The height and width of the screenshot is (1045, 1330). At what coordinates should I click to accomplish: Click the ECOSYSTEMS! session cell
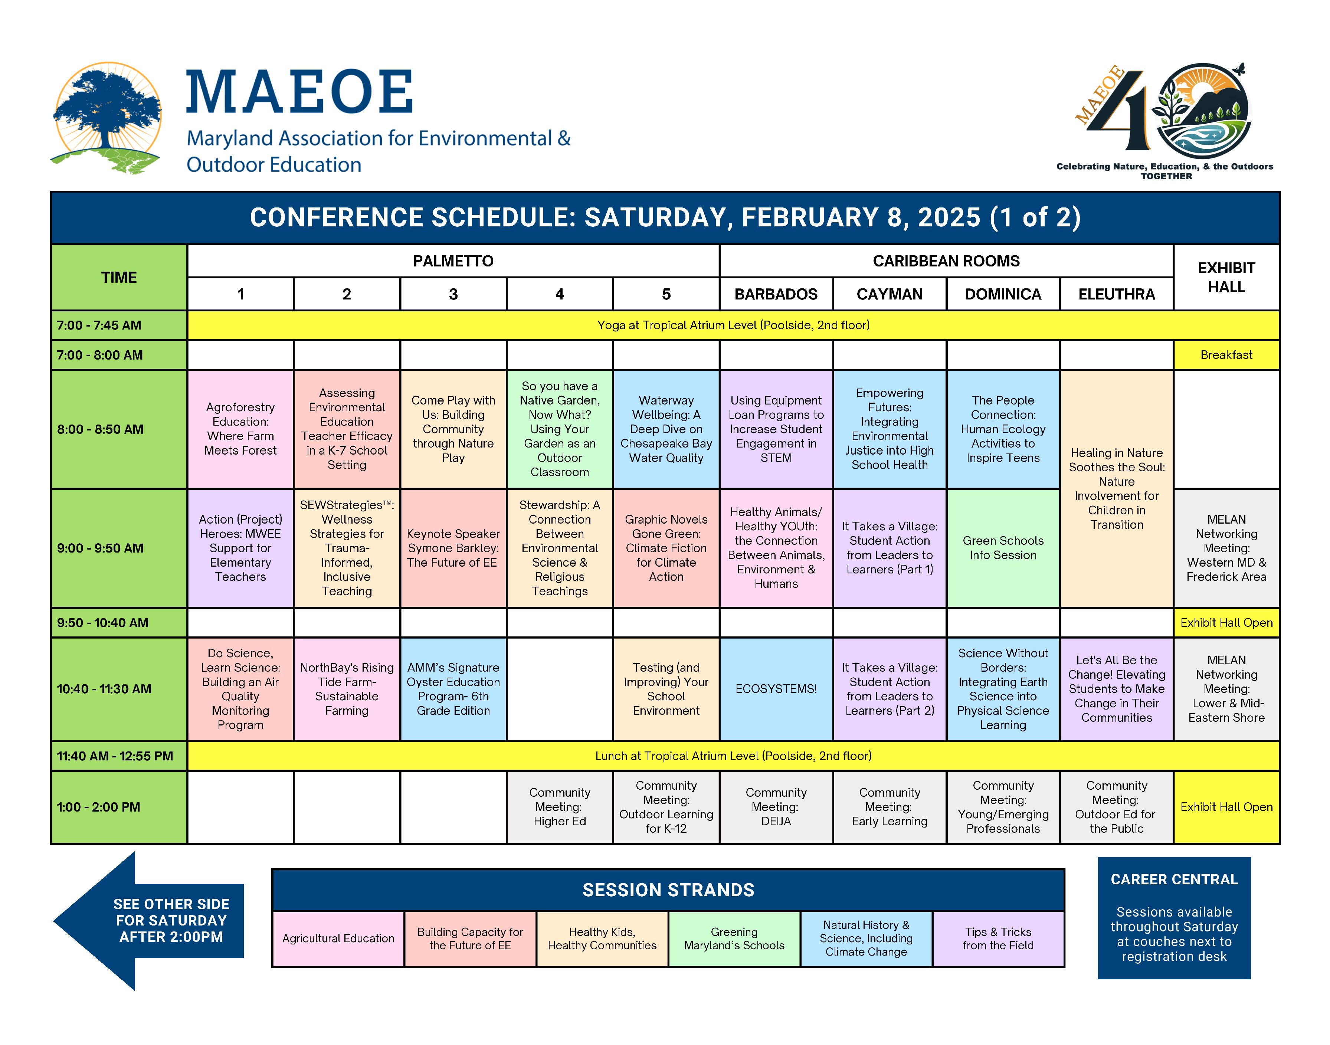click(776, 689)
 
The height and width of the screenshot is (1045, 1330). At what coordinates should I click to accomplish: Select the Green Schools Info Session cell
click(1003, 548)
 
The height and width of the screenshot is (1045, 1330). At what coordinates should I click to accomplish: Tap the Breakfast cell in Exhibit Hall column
click(1226, 355)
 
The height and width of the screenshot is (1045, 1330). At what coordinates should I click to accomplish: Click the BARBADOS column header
click(776, 294)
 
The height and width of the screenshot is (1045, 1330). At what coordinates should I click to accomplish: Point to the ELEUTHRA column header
click(1117, 294)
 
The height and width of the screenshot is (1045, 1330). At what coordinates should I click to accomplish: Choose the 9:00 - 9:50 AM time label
click(100, 548)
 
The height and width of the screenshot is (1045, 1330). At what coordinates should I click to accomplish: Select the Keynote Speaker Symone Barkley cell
click(453, 548)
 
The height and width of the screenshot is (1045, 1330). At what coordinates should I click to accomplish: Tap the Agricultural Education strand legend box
click(338, 938)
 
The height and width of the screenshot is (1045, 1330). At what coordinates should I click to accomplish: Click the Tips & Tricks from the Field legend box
click(998, 938)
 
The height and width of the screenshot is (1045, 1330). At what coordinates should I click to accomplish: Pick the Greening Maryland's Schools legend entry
click(734, 938)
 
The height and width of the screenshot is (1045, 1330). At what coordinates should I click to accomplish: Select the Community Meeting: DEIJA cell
click(776, 807)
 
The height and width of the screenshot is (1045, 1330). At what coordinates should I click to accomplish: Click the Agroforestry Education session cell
click(240, 429)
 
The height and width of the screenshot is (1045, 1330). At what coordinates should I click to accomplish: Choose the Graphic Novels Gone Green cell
click(666, 548)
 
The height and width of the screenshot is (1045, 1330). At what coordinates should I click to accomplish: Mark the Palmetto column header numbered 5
click(666, 294)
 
